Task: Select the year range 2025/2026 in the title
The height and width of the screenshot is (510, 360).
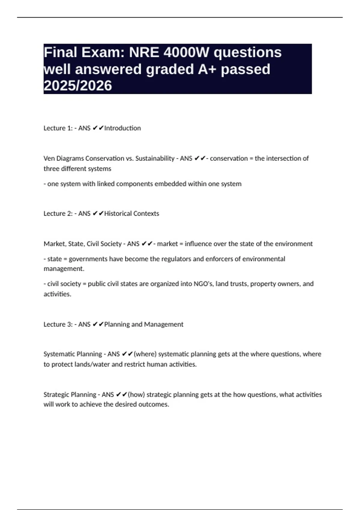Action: (78, 85)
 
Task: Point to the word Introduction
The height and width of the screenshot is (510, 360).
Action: (122, 128)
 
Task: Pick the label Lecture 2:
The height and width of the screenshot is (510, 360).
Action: (58, 214)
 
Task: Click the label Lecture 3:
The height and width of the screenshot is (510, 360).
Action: (58, 324)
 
